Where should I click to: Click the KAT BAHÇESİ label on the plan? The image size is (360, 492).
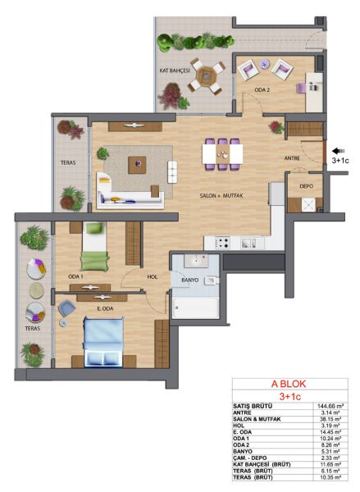click(175, 71)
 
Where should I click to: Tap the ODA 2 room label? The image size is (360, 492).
click(262, 90)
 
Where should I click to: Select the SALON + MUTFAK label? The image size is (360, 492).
click(221, 196)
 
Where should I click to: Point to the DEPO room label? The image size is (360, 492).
click(306, 186)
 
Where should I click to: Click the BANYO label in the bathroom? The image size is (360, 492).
click(190, 280)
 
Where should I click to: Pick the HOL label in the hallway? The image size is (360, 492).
click(153, 277)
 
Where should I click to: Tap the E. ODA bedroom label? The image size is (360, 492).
click(105, 309)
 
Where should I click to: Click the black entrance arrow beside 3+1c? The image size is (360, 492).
click(339, 151)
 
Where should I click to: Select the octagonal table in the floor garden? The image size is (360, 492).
click(206, 75)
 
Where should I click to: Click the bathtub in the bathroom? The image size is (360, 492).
click(195, 307)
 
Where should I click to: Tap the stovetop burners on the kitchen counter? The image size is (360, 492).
click(222, 243)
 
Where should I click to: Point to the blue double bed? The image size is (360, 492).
click(103, 341)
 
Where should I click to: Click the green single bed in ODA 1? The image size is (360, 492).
click(94, 246)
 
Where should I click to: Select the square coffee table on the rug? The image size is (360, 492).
click(137, 165)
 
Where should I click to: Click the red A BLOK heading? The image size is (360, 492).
click(289, 384)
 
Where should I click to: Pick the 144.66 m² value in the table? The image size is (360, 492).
click(330, 406)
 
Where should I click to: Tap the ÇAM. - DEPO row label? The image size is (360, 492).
click(250, 458)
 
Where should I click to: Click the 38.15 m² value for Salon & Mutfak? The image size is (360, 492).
click(330, 419)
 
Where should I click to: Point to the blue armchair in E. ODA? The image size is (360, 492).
click(66, 307)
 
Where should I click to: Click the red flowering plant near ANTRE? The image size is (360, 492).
click(276, 127)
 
